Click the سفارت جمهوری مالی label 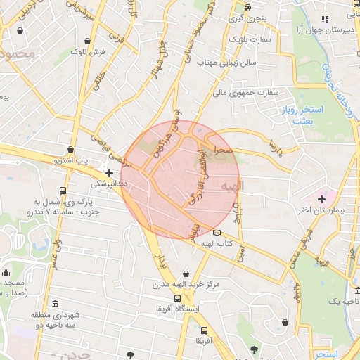pos(245,92)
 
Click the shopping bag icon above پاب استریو pos(71,149)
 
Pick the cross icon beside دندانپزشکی pos(108,172)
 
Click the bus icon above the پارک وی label pos(64,191)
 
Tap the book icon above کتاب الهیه pos(217,232)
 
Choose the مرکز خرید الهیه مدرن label pos(186,285)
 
